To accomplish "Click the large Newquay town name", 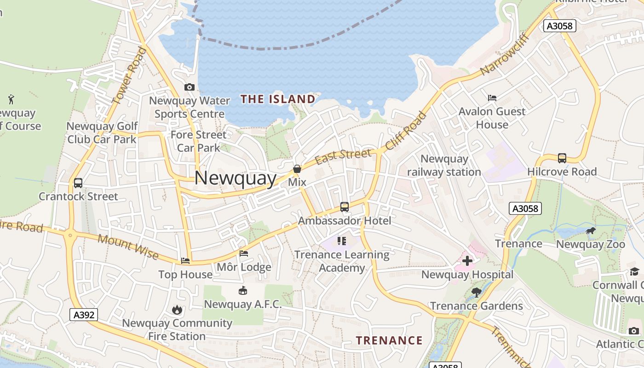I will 236,178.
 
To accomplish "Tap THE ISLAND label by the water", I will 278,99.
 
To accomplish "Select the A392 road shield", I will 84,315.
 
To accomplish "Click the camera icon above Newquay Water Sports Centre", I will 189,87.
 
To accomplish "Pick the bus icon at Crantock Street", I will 78,183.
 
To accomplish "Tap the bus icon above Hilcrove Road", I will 562,158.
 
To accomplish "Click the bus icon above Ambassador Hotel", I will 345,207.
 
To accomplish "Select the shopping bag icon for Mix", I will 297,169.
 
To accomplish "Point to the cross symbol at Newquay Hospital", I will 467,261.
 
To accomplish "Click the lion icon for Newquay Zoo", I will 591,230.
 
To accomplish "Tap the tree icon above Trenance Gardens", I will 477,292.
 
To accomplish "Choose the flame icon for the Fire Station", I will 177,310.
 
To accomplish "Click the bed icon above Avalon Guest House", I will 492,98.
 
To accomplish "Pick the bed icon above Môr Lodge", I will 244,253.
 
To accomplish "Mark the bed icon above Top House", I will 185,261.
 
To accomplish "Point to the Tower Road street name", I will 129,76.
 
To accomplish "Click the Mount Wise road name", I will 128,247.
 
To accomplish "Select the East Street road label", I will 344,156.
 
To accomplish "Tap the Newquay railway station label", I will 444,166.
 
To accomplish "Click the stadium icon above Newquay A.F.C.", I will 242,290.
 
